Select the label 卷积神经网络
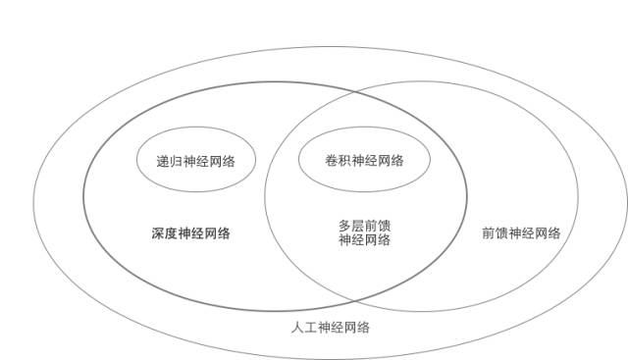tap(364, 161)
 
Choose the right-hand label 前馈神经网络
tap(521, 233)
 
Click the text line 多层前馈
tap(364, 226)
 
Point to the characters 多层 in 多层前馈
tap(350, 226)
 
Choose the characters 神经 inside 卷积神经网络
tap(364, 161)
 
